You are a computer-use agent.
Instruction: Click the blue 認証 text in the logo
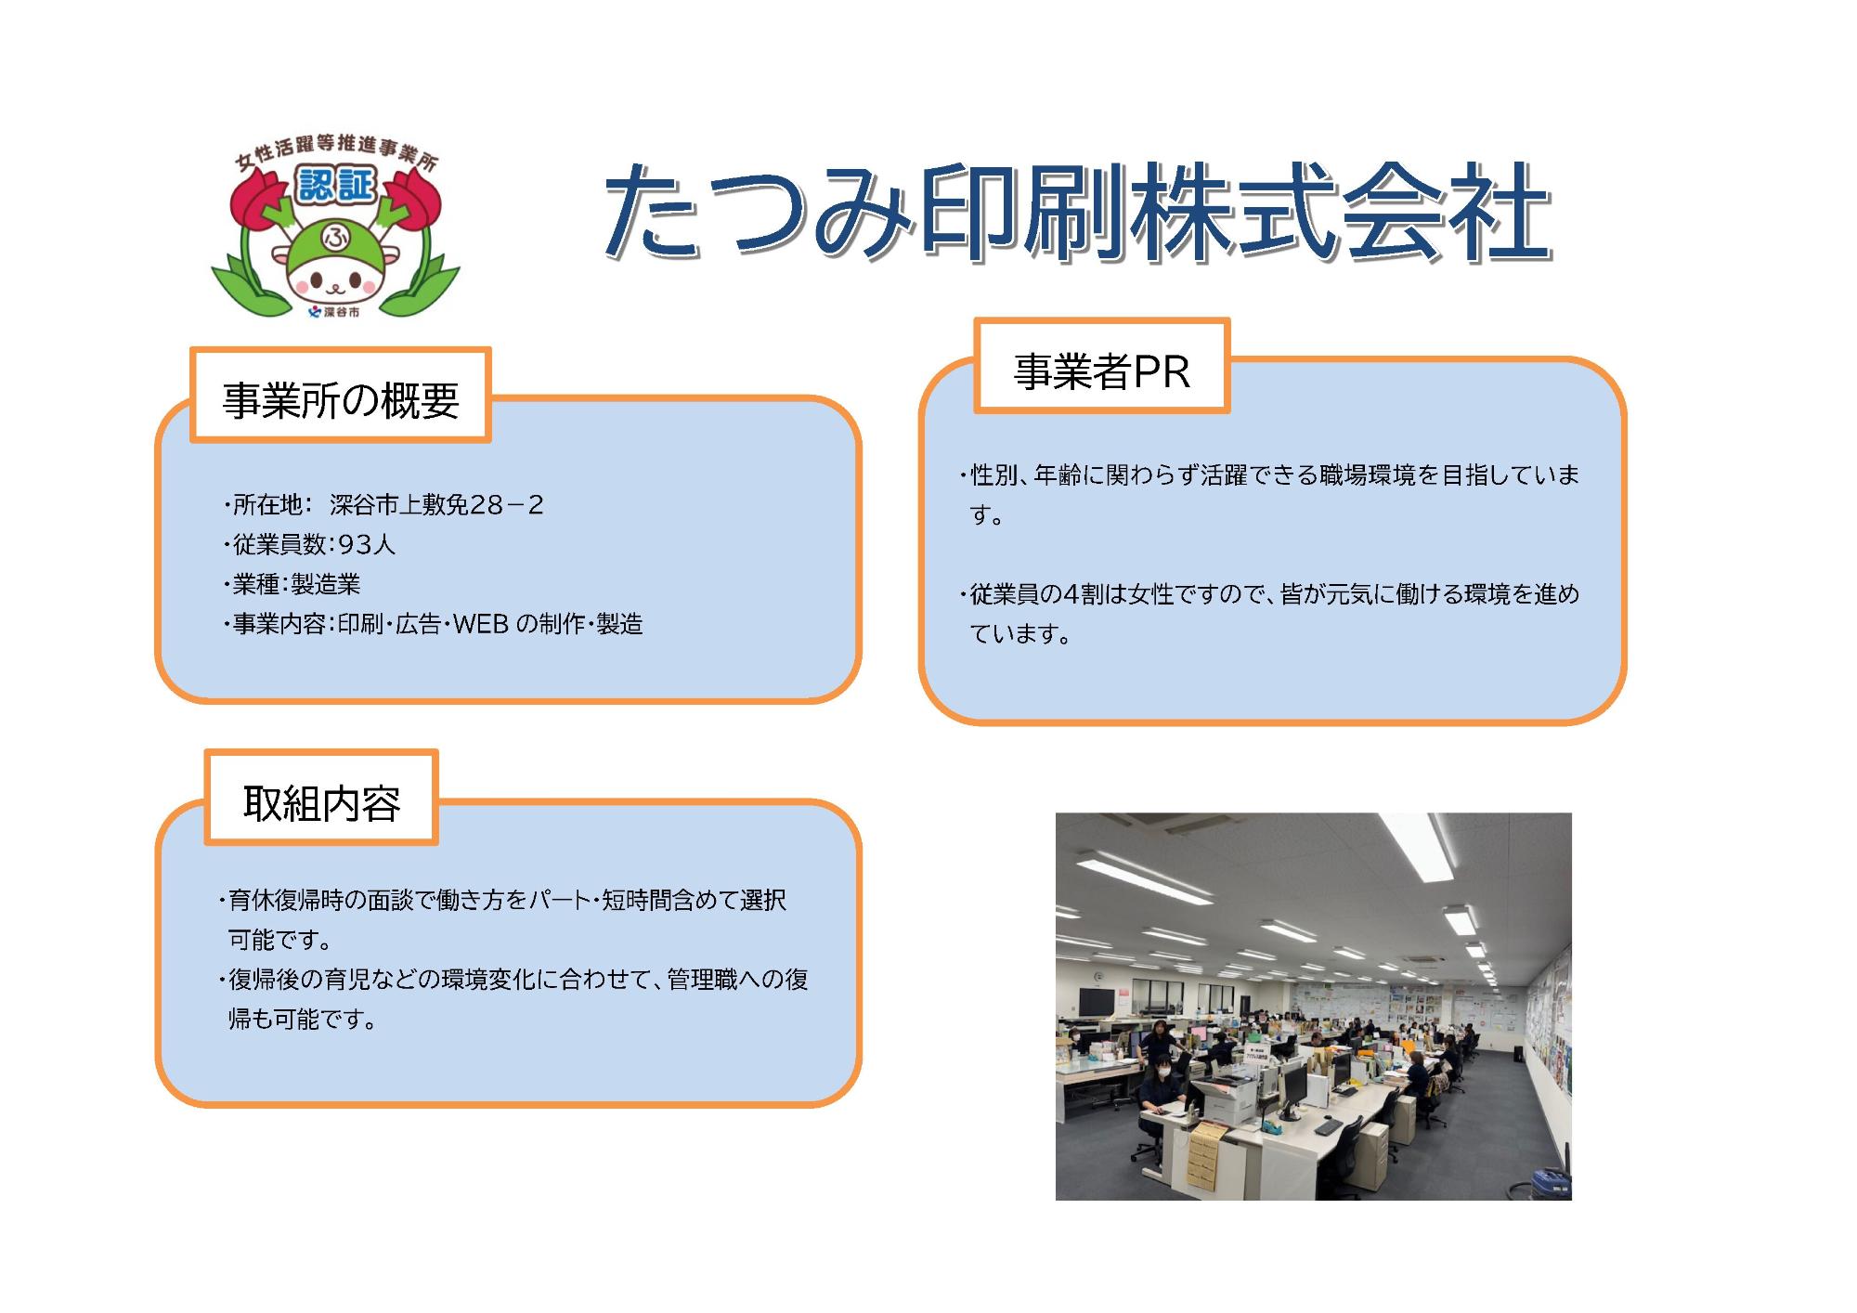(x=336, y=186)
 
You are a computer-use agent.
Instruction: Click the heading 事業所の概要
(x=341, y=400)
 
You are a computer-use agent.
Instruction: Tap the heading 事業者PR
(x=1101, y=371)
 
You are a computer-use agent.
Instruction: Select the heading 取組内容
(x=321, y=803)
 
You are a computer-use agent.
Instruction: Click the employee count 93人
(x=367, y=545)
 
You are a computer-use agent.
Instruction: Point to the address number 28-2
(x=507, y=505)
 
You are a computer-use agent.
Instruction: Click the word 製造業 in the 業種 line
(x=325, y=585)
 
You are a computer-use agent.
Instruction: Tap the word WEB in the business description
(x=480, y=624)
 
